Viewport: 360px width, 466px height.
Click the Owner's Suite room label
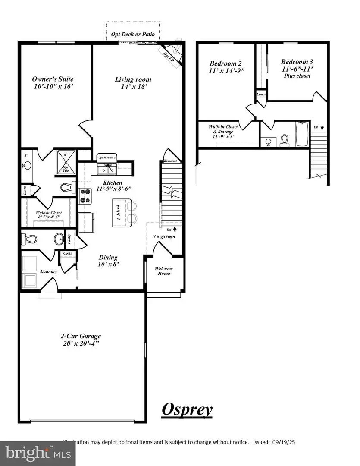point(53,82)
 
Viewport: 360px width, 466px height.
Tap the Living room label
point(133,82)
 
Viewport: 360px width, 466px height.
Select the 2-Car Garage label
point(81,340)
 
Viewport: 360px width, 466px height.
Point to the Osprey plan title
point(187,409)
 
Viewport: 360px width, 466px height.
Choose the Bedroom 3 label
point(297,68)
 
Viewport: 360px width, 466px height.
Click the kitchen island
point(119,212)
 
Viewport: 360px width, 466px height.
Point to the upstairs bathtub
point(302,134)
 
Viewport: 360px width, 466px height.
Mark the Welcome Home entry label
point(164,271)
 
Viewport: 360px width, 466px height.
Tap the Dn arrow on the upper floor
point(319,127)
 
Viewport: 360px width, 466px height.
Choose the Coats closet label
point(67,253)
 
